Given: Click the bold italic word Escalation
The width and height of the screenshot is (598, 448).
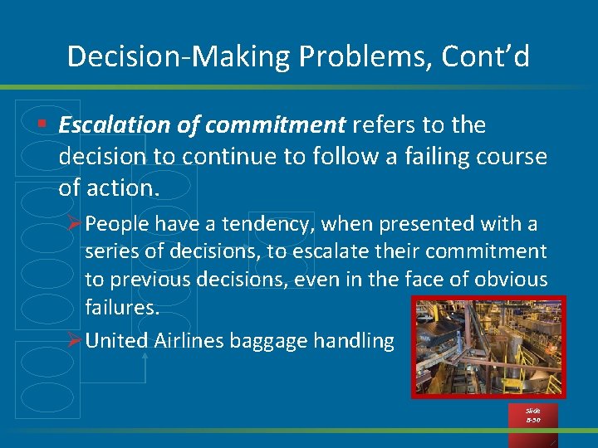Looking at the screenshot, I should [x=110, y=125].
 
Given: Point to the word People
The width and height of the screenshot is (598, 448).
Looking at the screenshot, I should [x=117, y=224].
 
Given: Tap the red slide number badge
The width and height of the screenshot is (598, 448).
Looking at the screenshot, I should [x=532, y=415].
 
